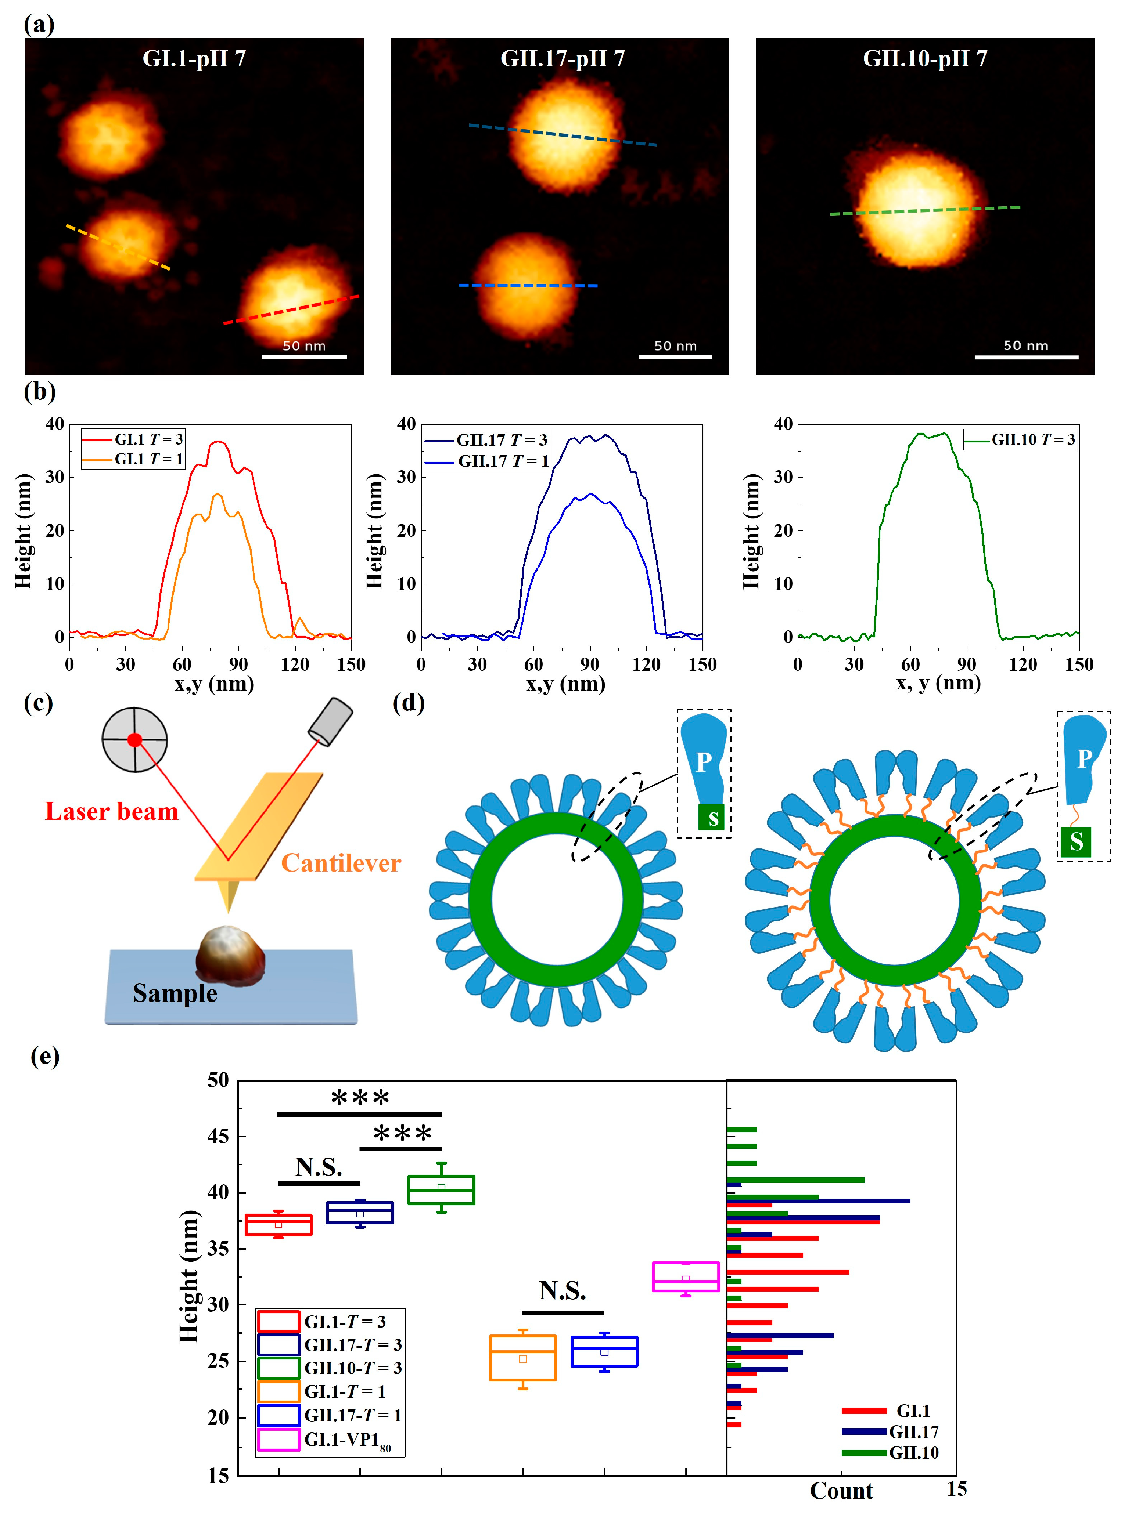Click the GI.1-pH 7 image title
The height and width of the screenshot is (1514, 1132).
pos(194,59)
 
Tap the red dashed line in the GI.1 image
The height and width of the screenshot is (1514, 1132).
pos(291,309)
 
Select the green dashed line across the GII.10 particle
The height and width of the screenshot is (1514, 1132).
pos(924,210)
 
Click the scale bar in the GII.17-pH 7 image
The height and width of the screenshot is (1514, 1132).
pos(675,356)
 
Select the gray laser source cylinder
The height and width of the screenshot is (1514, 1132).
pos(331,722)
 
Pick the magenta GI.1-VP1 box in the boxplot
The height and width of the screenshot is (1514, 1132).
pos(686,1276)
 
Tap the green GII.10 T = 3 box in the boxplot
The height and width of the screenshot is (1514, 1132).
pos(441,1190)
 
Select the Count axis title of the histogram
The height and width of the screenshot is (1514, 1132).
pos(841,1491)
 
